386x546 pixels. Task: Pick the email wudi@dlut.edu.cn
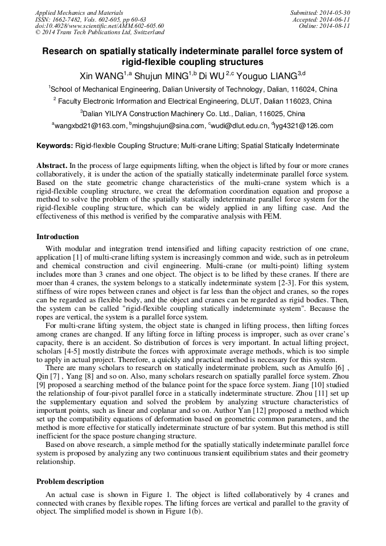tap(236, 126)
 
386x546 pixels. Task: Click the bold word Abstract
tap(52, 165)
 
